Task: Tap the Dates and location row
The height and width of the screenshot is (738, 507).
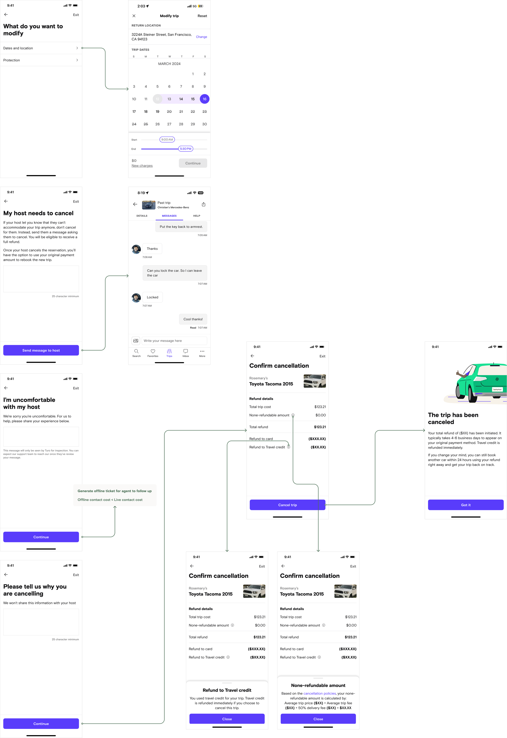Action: [41, 48]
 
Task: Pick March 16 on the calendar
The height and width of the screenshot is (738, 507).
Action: [204, 99]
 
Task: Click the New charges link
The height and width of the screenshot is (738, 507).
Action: [142, 166]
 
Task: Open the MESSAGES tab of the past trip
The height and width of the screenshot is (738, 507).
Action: [169, 216]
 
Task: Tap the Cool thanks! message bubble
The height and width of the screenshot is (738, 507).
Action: [193, 319]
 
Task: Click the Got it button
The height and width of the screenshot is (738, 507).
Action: [465, 505]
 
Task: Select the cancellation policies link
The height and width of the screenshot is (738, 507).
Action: [319, 694]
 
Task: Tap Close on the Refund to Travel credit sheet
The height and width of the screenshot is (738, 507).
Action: [227, 719]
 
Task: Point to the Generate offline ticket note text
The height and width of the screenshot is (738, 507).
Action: [114, 491]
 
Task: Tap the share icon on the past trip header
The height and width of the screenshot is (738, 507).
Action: [203, 204]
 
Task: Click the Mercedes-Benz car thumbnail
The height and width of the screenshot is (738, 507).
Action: [148, 205]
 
